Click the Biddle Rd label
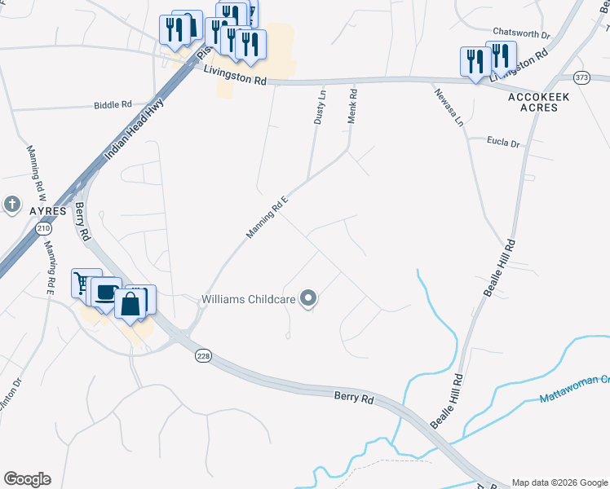[113, 105]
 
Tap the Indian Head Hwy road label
[135, 128]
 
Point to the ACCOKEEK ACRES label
[533, 102]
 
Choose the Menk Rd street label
[353, 107]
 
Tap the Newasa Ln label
[448, 107]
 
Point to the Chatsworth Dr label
[523, 36]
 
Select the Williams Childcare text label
[249, 299]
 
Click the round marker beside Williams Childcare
[308, 299]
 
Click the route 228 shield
[203, 356]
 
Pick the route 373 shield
[581, 77]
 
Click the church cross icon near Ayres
[11, 204]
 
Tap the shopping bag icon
[131, 304]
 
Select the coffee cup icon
[105, 293]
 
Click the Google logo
[27, 479]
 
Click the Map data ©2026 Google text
[558, 482]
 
